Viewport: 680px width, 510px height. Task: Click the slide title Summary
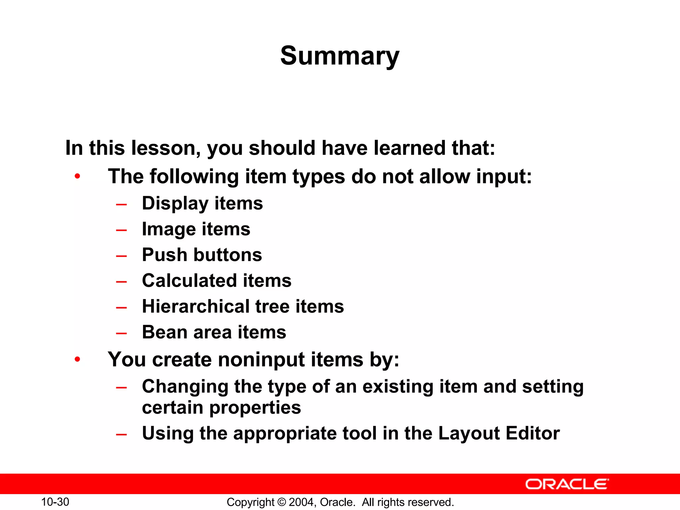340,56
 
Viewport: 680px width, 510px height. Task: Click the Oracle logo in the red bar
567,484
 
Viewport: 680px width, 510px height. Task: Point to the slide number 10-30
55,502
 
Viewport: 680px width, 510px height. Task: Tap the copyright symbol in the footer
282,502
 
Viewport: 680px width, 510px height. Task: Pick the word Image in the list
169,229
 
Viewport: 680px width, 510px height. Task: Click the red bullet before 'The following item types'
77,176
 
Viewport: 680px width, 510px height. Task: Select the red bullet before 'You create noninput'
77,359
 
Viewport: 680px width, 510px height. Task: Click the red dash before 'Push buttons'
122,256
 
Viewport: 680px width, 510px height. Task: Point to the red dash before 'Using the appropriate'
122,434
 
